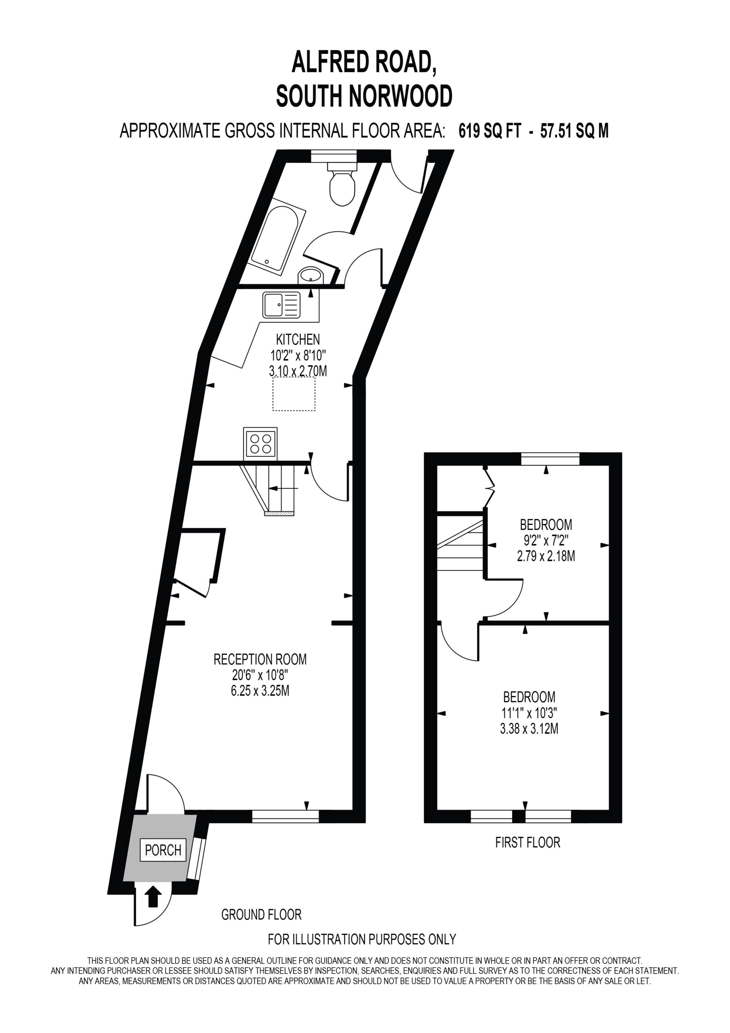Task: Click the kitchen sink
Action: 282,305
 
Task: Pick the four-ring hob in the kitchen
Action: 261,443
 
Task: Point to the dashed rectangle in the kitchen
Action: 294,394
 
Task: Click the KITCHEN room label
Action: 298,339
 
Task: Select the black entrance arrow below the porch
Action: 154,896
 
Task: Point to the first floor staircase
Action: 460,545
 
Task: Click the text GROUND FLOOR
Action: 261,915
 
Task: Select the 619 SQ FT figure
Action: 490,131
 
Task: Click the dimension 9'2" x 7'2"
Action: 546,540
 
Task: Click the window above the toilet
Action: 334,156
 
